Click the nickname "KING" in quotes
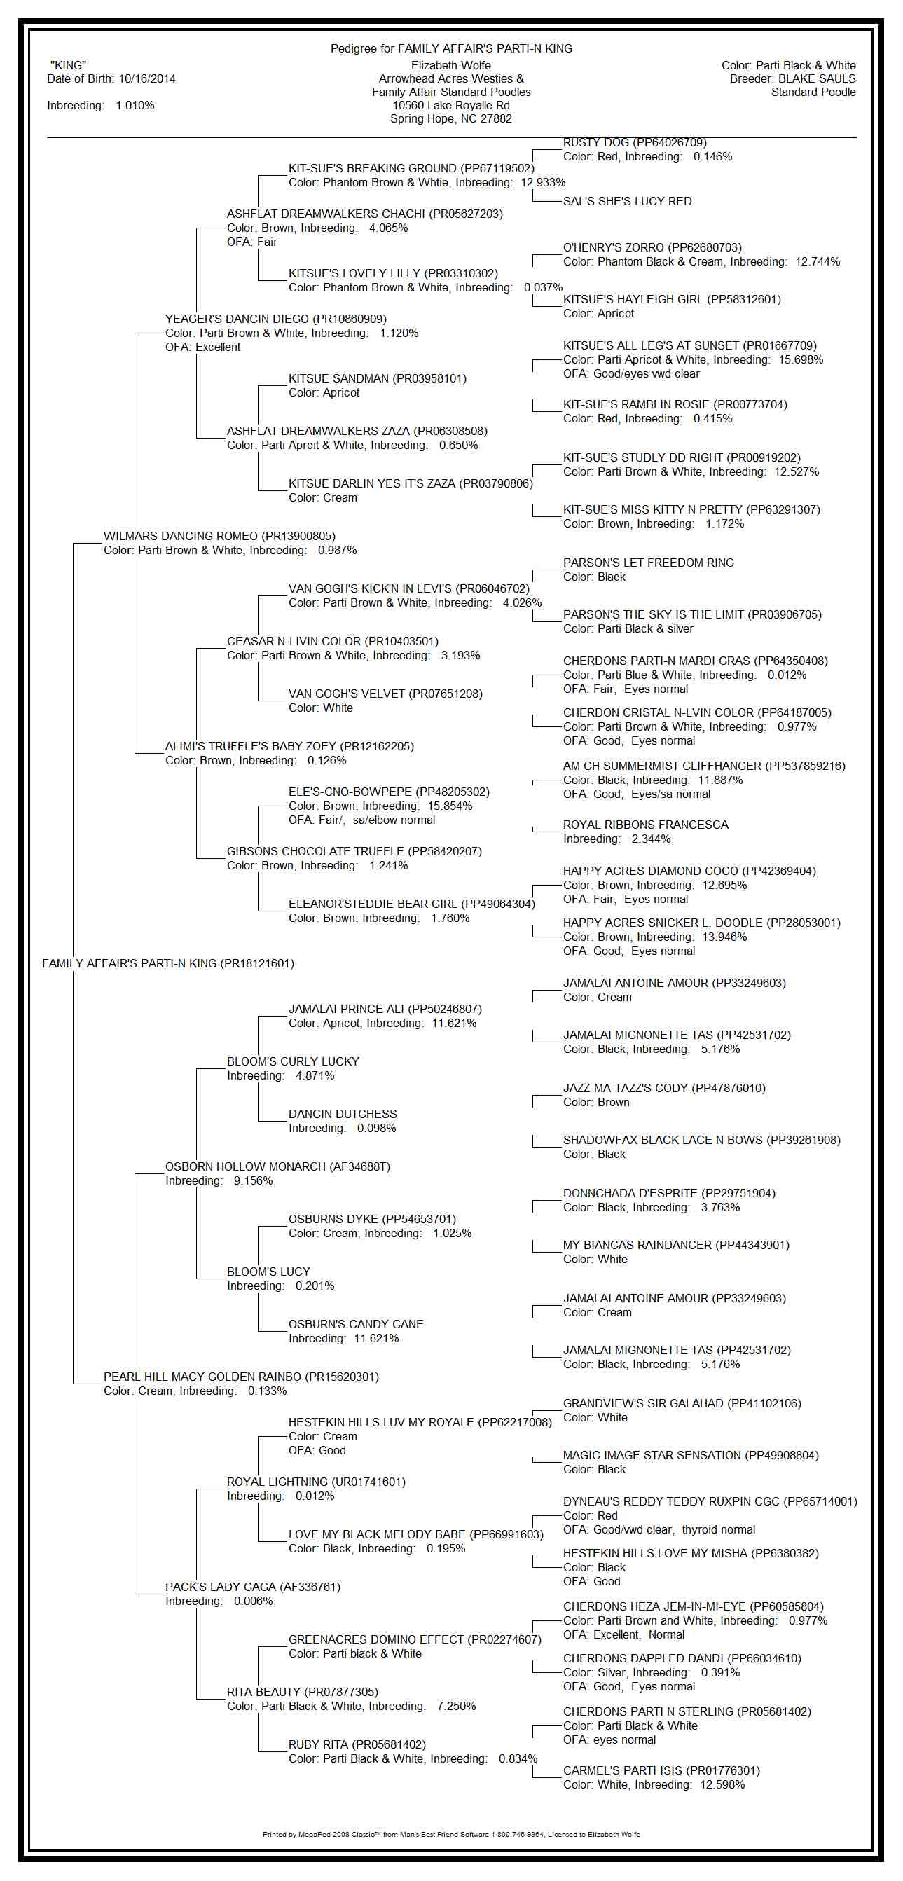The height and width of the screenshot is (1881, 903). (x=68, y=65)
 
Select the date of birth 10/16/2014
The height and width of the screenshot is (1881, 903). (x=146, y=79)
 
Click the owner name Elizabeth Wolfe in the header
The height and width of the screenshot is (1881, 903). (x=450, y=65)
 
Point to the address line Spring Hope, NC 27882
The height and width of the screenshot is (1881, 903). (x=450, y=118)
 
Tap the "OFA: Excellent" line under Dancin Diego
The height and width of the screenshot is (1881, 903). (x=202, y=347)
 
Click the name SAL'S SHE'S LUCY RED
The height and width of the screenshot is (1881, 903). (x=627, y=201)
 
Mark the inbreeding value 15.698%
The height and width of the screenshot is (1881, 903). (x=801, y=359)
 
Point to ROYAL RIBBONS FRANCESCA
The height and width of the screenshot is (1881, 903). (x=645, y=825)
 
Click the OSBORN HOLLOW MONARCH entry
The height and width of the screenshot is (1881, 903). (x=277, y=1166)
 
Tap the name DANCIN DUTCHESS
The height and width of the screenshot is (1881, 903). (x=343, y=1114)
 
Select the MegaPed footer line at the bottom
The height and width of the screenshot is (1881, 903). (x=450, y=1833)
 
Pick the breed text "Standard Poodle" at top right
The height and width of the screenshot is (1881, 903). (x=813, y=92)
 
